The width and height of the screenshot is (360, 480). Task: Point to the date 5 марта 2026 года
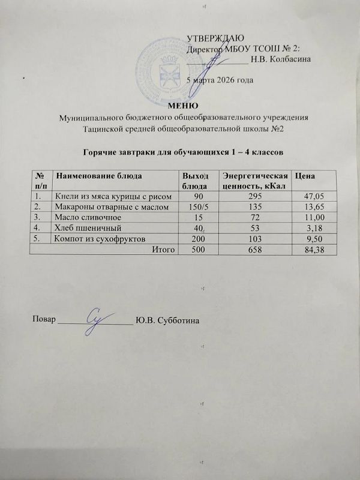[220, 79]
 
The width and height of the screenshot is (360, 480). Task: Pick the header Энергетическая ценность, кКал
[253, 179]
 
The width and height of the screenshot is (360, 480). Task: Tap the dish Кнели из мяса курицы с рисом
[114, 196]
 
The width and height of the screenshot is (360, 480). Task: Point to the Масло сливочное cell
[88, 217]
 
